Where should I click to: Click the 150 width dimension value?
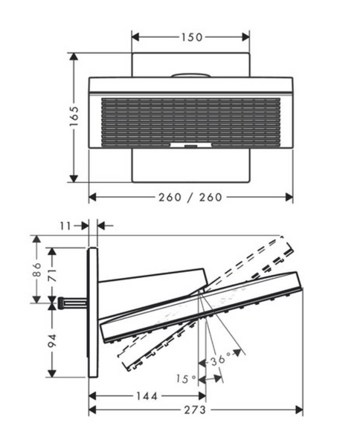click(x=192, y=37)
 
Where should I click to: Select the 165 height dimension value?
click(x=74, y=117)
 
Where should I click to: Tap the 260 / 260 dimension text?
click(x=190, y=197)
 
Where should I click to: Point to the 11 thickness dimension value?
click(x=65, y=226)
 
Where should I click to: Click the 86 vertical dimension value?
click(x=36, y=269)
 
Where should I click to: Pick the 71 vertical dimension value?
click(x=52, y=274)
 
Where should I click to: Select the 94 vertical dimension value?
click(x=52, y=340)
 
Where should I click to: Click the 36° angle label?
click(x=221, y=360)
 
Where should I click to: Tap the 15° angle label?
click(x=185, y=379)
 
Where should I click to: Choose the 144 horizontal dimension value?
click(x=147, y=396)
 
